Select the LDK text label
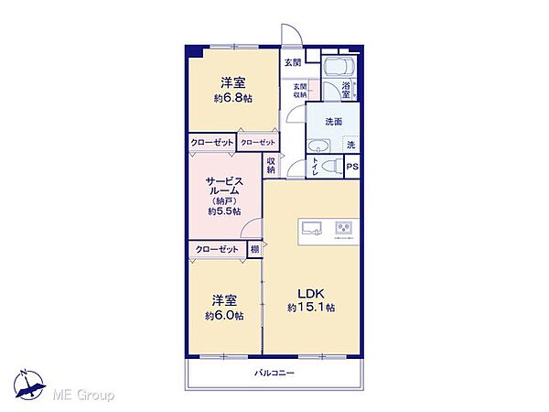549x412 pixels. pos(308,294)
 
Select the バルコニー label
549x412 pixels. pos(274,374)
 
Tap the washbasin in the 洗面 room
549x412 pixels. pos(318,146)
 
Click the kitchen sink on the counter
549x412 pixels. pos(311,228)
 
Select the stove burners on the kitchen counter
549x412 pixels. pos(345,228)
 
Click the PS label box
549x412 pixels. pos(353,166)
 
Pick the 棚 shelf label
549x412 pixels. pos(253,249)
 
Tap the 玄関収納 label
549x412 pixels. pos(300,91)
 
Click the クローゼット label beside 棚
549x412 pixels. pos(216,249)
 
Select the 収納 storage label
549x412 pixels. pos(272,166)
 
